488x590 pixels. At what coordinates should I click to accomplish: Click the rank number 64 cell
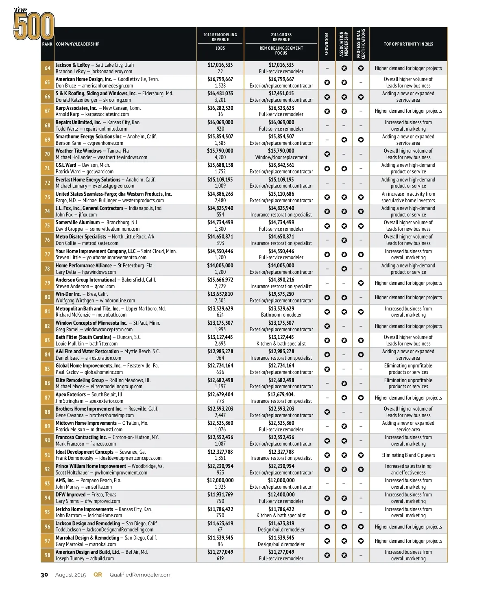47,68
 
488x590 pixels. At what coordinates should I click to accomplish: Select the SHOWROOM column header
327,44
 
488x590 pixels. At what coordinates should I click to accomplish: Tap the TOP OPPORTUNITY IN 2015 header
408,44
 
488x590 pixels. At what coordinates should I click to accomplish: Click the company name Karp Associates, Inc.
76,108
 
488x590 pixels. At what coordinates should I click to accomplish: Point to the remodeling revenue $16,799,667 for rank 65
220,79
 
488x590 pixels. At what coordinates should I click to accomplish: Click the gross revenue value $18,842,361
281,165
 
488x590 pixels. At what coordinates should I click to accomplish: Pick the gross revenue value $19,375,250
281,294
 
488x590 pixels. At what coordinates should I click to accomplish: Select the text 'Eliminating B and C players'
408,455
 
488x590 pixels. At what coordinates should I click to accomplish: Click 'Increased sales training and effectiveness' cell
408,469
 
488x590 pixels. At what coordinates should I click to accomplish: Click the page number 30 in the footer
44,575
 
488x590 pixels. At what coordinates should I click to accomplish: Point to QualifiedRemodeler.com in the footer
140,575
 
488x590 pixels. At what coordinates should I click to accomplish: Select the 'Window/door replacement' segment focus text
281,157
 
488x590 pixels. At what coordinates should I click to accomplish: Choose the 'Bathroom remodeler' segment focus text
281,315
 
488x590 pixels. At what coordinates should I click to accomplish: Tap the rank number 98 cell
47,555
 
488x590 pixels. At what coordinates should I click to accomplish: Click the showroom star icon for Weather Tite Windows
327,154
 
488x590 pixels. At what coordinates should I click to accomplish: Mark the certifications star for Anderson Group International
361,283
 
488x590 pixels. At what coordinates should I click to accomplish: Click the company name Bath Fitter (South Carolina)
83,337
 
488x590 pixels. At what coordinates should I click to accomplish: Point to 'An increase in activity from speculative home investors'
408,197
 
